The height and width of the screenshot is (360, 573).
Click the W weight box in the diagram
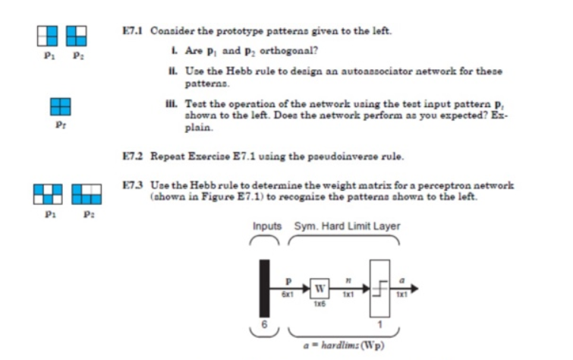320,289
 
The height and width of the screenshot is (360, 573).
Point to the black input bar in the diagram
263,289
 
